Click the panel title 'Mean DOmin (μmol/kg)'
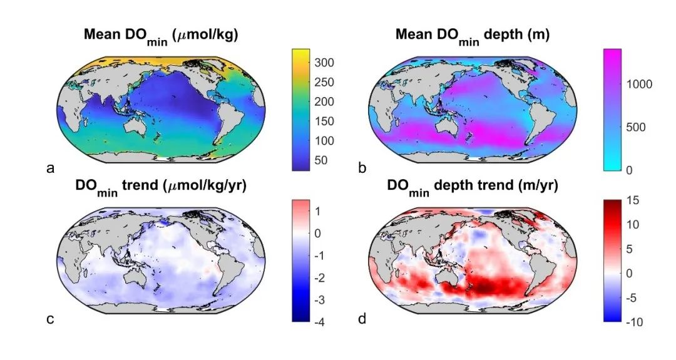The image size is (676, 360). coord(160,35)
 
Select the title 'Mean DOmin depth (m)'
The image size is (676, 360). coord(473,35)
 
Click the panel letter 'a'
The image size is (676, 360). coord(49,168)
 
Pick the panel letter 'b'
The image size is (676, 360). coord(361,168)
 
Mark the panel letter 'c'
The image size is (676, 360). coord(49,320)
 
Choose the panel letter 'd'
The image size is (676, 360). coord(361,320)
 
